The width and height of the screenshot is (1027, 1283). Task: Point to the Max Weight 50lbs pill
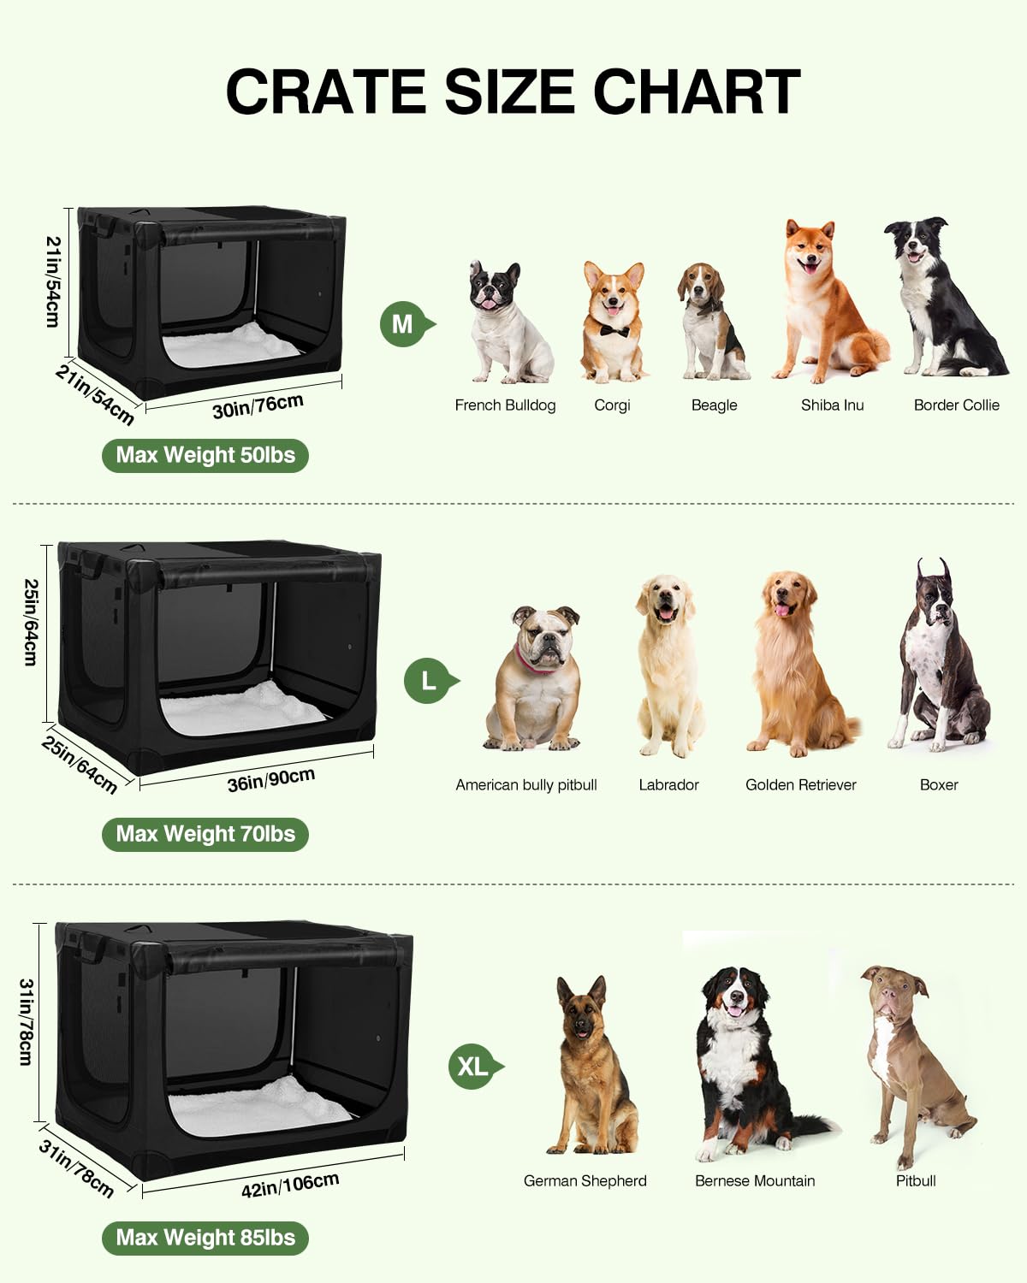[205, 456]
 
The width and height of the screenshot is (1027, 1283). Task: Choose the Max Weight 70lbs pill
[205, 834]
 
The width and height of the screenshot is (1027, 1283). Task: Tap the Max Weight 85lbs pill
[205, 1238]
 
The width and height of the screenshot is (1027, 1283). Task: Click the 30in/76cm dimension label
[258, 406]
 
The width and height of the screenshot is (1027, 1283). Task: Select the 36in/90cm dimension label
[271, 779]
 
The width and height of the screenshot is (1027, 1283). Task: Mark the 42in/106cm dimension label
[290, 1184]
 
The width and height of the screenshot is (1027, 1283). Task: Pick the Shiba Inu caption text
[832, 405]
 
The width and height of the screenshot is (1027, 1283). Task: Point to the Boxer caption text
[939, 784]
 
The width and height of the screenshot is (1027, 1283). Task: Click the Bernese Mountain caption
[755, 1180]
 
